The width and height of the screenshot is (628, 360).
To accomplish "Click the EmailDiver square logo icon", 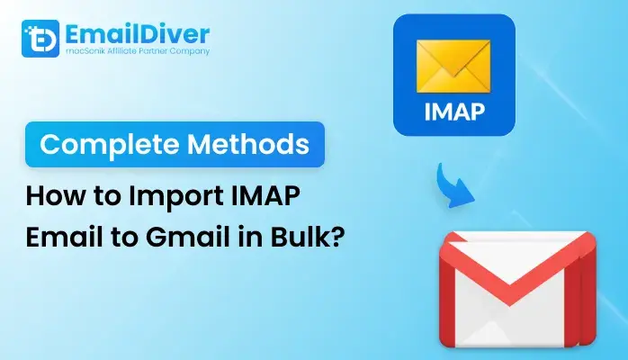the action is tap(40, 39).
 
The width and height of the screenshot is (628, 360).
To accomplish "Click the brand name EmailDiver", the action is tap(138, 34).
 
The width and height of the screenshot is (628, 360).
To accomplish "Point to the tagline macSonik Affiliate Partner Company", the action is tap(138, 51).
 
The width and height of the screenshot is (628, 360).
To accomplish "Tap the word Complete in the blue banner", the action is tap(110, 145).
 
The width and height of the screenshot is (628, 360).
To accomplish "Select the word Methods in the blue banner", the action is tap(248, 144).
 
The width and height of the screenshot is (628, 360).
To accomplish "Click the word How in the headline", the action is tap(56, 196).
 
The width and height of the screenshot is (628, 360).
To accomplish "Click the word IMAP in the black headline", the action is tap(265, 196).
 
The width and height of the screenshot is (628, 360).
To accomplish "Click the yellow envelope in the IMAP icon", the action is tap(453, 67).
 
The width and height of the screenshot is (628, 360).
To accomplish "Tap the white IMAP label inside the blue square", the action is tap(454, 112).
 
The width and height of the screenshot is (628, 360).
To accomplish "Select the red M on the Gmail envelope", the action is tap(517, 289).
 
